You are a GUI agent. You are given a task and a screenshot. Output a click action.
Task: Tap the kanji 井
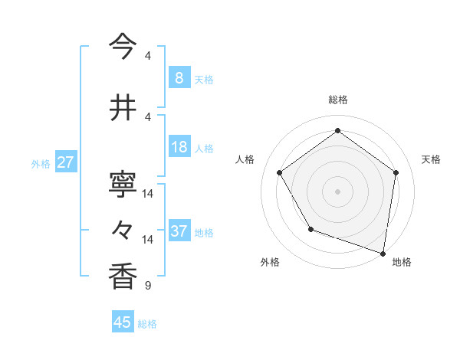(x=123, y=107)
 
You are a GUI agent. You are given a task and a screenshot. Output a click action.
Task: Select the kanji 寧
(x=123, y=184)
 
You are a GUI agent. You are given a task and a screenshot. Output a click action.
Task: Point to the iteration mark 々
(x=123, y=230)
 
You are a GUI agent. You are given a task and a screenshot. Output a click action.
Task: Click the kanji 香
(x=123, y=277)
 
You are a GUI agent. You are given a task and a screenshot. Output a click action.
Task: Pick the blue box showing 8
(x=179, y=78)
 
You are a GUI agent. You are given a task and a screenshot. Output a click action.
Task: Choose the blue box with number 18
(x=179, y=148)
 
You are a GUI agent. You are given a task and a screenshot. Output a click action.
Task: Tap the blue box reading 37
(x=179, y=231)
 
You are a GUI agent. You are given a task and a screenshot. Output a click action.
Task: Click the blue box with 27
(x=66, y=162)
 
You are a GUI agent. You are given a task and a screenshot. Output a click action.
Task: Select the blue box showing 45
(x=123, y=322)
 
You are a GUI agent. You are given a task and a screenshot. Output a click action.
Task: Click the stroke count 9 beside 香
(x=147, y=286)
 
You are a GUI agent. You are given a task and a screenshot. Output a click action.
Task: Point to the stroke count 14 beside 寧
(x=148, y=193)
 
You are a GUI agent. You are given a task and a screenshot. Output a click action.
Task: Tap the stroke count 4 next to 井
(x=147, y=116)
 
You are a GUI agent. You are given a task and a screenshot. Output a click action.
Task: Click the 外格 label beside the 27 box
(x=41, y=163)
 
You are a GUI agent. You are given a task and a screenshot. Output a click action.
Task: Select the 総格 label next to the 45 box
(x=147, y=324)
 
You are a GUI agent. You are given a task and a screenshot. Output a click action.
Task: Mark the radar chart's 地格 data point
(x=383, y=253)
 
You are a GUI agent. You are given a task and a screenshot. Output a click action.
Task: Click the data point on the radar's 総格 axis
(x=337, y=130)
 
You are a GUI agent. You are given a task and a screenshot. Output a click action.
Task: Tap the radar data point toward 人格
(x=279, y=172)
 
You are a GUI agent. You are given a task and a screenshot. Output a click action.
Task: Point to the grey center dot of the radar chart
(x=337, y=191)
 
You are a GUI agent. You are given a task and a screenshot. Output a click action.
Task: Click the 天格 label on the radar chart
(x=431, y=159)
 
